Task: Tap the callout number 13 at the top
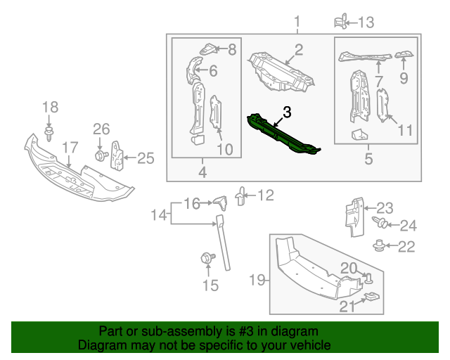pyautogui.click(x=366, y=22)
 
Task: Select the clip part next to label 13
pyautogui.click(x=342, y=21)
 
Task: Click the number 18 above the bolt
pyautogui.click(x=50, y=107)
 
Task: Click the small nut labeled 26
pyautogui.click(x=100, y=155)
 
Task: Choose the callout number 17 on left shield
pyautogui.click(x=68, y=148)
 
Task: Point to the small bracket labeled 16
pyautogui.click(x=220, y=203)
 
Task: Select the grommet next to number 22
pyautogui.click(x=380, y=245)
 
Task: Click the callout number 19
pyautogui.click(x=258, y=281)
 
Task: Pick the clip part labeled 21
pyautogui.click(x=372, y=299)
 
